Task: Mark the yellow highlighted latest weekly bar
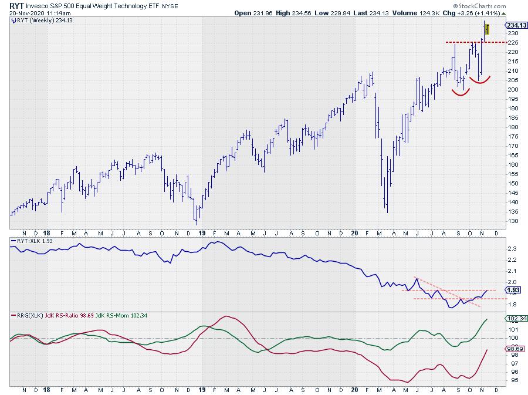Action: point(488,29)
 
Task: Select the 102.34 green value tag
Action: point(515,319)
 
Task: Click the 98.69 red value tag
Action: point(513,349)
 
